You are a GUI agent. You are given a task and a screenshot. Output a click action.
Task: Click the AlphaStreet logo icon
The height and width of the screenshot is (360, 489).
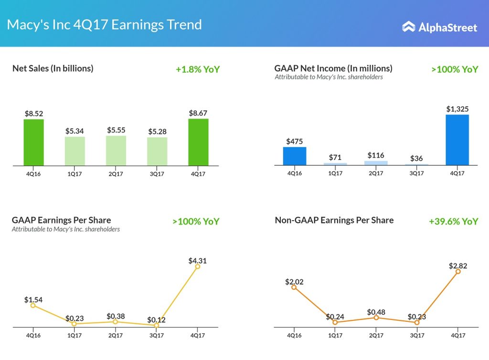(x=408, y=27)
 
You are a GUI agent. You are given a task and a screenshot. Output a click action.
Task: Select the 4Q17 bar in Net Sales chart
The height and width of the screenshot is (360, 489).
(x=198, y=142)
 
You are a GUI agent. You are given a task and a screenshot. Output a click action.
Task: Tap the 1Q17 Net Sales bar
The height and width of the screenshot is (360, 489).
(x=75, y=151)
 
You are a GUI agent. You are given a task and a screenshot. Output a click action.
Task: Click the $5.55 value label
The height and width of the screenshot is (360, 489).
(x=116, y=130)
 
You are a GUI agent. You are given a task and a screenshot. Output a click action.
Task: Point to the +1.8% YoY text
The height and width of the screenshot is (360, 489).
(x=198, y=69)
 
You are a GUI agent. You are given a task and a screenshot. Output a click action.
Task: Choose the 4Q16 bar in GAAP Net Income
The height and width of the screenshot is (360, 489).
(x=295, y=156)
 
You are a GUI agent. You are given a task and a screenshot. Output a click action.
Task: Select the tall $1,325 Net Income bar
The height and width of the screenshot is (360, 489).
(x=457, y=140)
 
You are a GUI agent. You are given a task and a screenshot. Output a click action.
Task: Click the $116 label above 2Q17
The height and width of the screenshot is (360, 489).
(x=376, y=155)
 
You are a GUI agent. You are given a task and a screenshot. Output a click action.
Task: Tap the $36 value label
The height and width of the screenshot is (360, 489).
(x=417, y=159)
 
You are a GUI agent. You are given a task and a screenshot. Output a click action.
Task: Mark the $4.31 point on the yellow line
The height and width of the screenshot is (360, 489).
(x=198, y=266)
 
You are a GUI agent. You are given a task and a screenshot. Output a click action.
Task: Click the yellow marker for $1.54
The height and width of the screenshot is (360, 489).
(x=33, y=305)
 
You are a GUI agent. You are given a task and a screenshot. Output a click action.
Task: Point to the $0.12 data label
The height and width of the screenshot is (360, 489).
(x=156, y=319)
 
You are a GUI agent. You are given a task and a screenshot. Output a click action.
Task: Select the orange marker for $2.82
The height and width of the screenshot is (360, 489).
(x=458, y=271)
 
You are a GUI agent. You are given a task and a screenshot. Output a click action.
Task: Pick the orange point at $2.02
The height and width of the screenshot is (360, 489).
(x=294, y=287)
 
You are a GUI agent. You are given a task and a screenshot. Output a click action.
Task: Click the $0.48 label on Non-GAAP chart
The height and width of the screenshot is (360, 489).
(x=376, y=312)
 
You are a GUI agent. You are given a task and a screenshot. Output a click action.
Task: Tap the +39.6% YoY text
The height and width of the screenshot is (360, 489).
(x=453, y=222)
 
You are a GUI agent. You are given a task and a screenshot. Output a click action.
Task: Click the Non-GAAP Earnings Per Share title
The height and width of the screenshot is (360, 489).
(x=334, y=220)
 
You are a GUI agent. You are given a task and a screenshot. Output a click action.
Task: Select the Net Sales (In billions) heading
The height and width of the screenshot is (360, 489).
(x=53, y=68)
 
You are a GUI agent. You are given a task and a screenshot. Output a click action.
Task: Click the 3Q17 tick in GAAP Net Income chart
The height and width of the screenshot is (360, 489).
(x=417, y=173)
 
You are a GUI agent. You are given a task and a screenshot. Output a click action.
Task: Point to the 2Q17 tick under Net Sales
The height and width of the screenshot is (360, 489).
(x=116, y=174)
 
